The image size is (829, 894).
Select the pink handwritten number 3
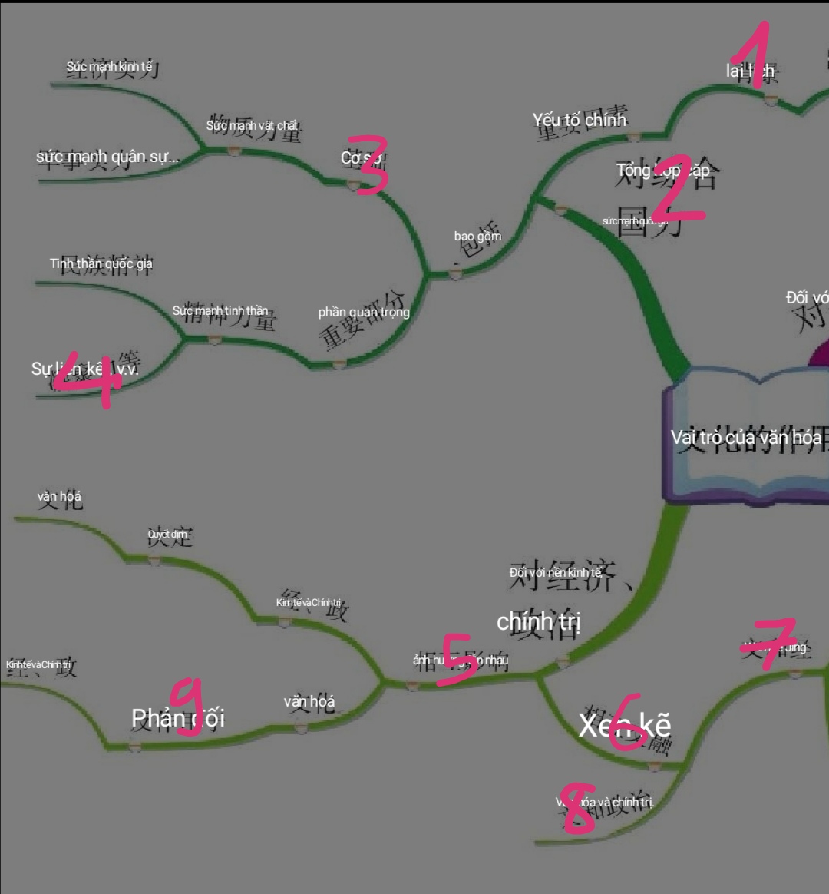click(367, 164)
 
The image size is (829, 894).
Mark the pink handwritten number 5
click(458, 658)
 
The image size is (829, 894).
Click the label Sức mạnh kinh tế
click(109, 67)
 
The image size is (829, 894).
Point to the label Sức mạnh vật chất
click(252, 125)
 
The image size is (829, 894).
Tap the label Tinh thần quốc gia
click(101, 264)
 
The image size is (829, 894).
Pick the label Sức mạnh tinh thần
click(220, 311)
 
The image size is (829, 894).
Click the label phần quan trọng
click(364, 312)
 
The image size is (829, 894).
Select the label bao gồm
click(477, 236)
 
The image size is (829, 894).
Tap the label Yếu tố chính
click(580, 120)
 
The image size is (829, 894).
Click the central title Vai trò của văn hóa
click(746, 438)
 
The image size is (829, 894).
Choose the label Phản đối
click(178, 718)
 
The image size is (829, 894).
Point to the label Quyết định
click(167, 534)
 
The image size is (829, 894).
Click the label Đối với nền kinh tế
click(555, 572)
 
